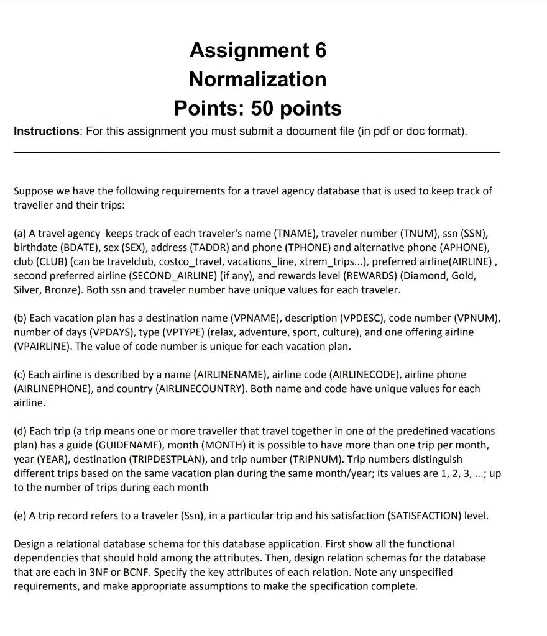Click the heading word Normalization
click(257, 79)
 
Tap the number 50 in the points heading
click(264, 108)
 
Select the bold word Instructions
click(47, 131)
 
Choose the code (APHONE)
click(460, 247)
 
